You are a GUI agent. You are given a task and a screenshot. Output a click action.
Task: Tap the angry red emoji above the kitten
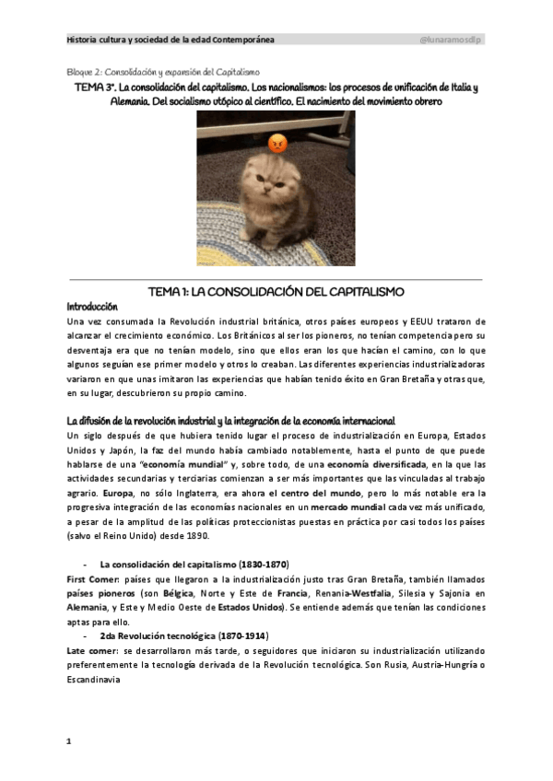277,144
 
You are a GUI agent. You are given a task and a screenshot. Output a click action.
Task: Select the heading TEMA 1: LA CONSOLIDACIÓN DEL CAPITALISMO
276,292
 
